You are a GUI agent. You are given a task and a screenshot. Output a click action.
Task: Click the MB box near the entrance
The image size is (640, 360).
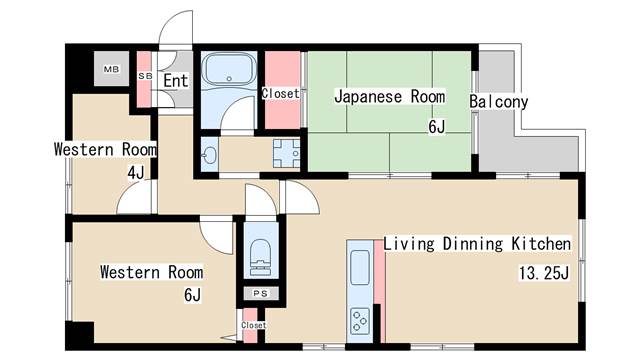pyautogui.click(x=109, y=71)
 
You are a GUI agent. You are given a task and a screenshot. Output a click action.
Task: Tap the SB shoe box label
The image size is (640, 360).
pyautogui.click(x=144, y=76)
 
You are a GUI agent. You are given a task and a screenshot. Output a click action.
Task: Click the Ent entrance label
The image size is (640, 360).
pyautogui.click(x=176, y=80)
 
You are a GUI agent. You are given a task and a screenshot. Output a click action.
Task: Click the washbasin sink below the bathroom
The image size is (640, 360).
pyautogui.click(x=210, y=156)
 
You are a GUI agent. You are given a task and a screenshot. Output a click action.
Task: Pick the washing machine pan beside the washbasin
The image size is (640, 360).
pyautogui.click(x=287, y=156)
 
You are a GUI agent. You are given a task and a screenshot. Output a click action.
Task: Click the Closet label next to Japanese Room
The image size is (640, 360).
pyautogui.click(x=280, y=94)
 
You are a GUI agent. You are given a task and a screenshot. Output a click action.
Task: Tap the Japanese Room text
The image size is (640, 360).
pyautogui.click(x=388, y=98)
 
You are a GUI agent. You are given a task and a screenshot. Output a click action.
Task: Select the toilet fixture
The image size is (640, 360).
pyautogui.click(x=258, y=256)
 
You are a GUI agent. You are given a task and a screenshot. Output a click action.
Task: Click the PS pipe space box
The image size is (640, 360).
pyautogui.click(x=259, y=294)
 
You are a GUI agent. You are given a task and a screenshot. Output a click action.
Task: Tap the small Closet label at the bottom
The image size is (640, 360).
pyautogui.click(x=253, y=325)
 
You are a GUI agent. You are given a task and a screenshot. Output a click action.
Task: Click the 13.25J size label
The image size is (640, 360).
pyautogui.click(x=543, y=272)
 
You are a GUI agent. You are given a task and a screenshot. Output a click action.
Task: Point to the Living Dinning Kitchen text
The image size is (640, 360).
pyautogui.click(x=477, y=244)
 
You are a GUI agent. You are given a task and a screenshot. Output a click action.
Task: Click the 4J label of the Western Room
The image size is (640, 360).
pyautogui.click(x=135, y=173)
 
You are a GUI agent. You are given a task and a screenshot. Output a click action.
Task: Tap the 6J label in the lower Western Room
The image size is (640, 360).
pyautogui.click(x=193, y=295)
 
